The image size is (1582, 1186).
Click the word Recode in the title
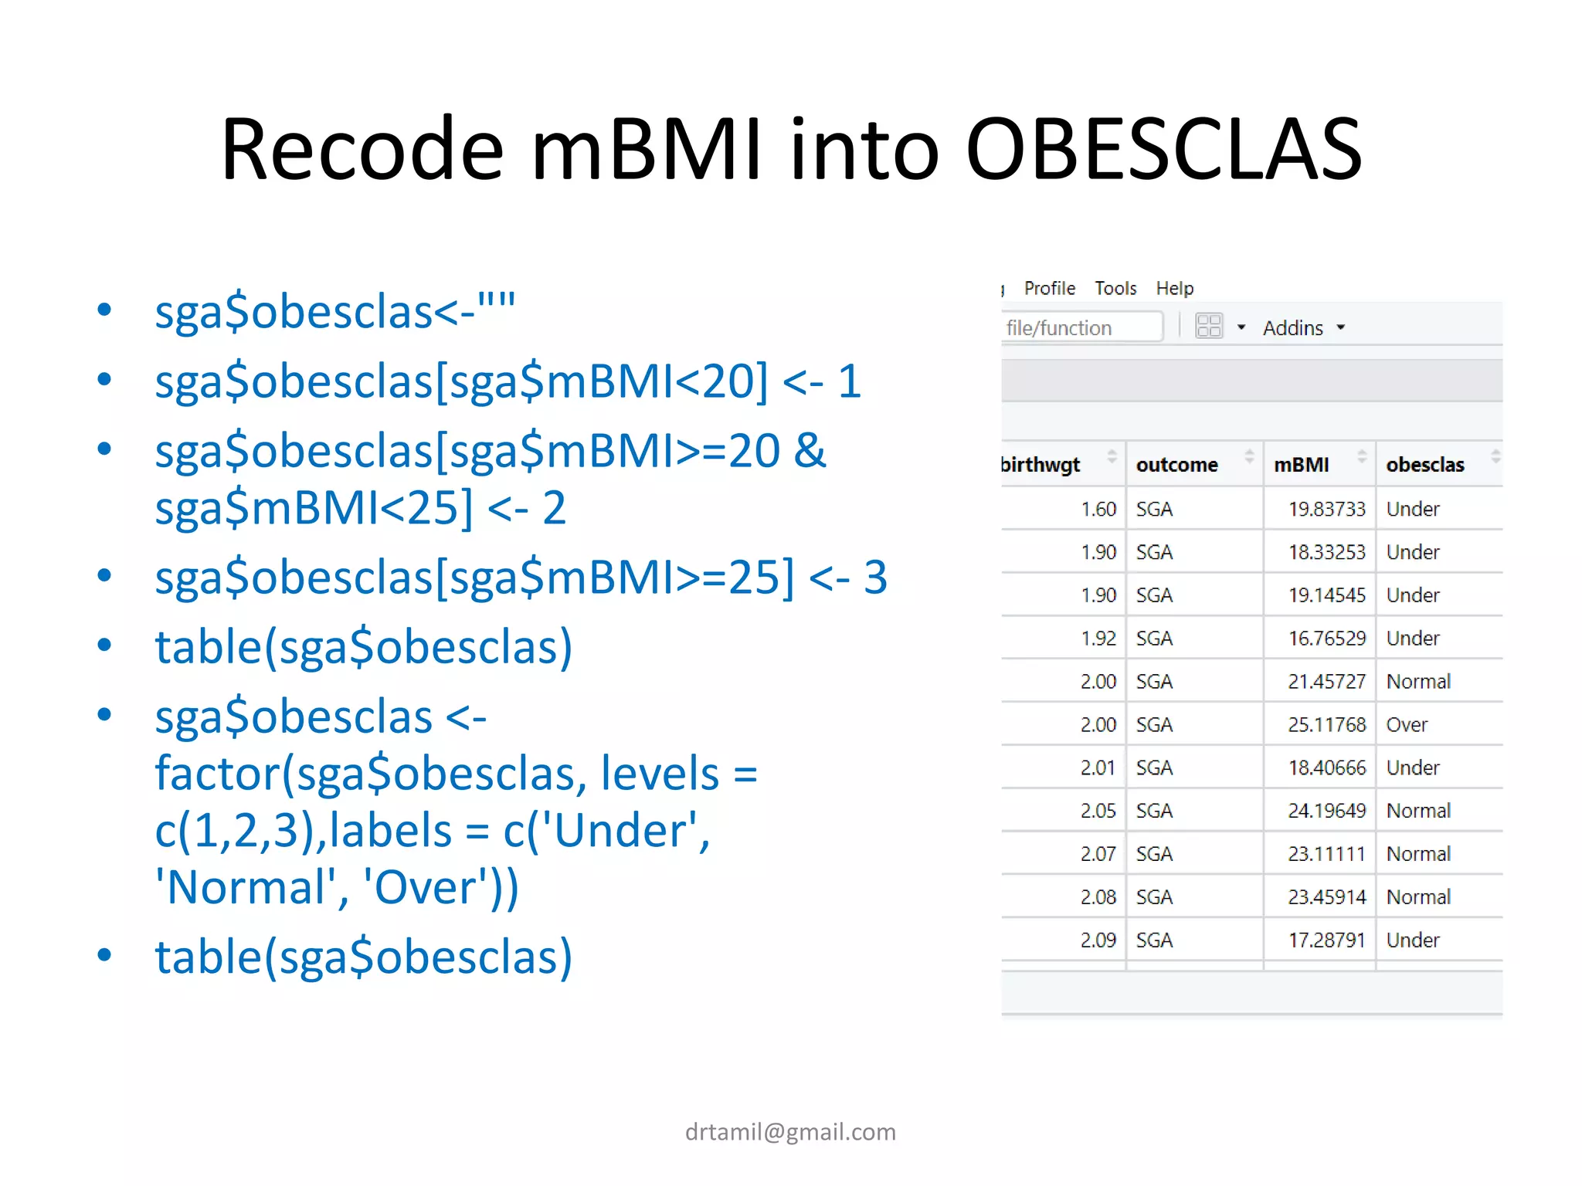pos(362,149)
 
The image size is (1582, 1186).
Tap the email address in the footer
pos(790,1132)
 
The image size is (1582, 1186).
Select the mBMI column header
pos(1302,465)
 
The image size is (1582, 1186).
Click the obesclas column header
pos(1425,465)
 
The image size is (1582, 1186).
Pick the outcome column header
pos(1176,465)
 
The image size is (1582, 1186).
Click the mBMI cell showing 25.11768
pos(1326,725)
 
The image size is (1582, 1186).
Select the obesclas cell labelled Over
pos(1407,725)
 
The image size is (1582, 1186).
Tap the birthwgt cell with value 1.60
pos(1098,510)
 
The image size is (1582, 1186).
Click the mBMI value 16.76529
pos(1326,639)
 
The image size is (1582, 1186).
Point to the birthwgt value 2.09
pos(1098,940)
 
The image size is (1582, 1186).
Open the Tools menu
pos(1115,289)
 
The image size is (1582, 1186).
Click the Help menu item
pos(1174,289)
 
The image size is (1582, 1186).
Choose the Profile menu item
pos(1049,289)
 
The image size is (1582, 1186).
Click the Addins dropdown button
pos(1303,328)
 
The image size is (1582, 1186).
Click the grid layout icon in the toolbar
pos(1209,327)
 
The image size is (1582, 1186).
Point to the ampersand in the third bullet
pos(809,451)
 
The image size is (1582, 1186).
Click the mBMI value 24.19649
pos(1326,811)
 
